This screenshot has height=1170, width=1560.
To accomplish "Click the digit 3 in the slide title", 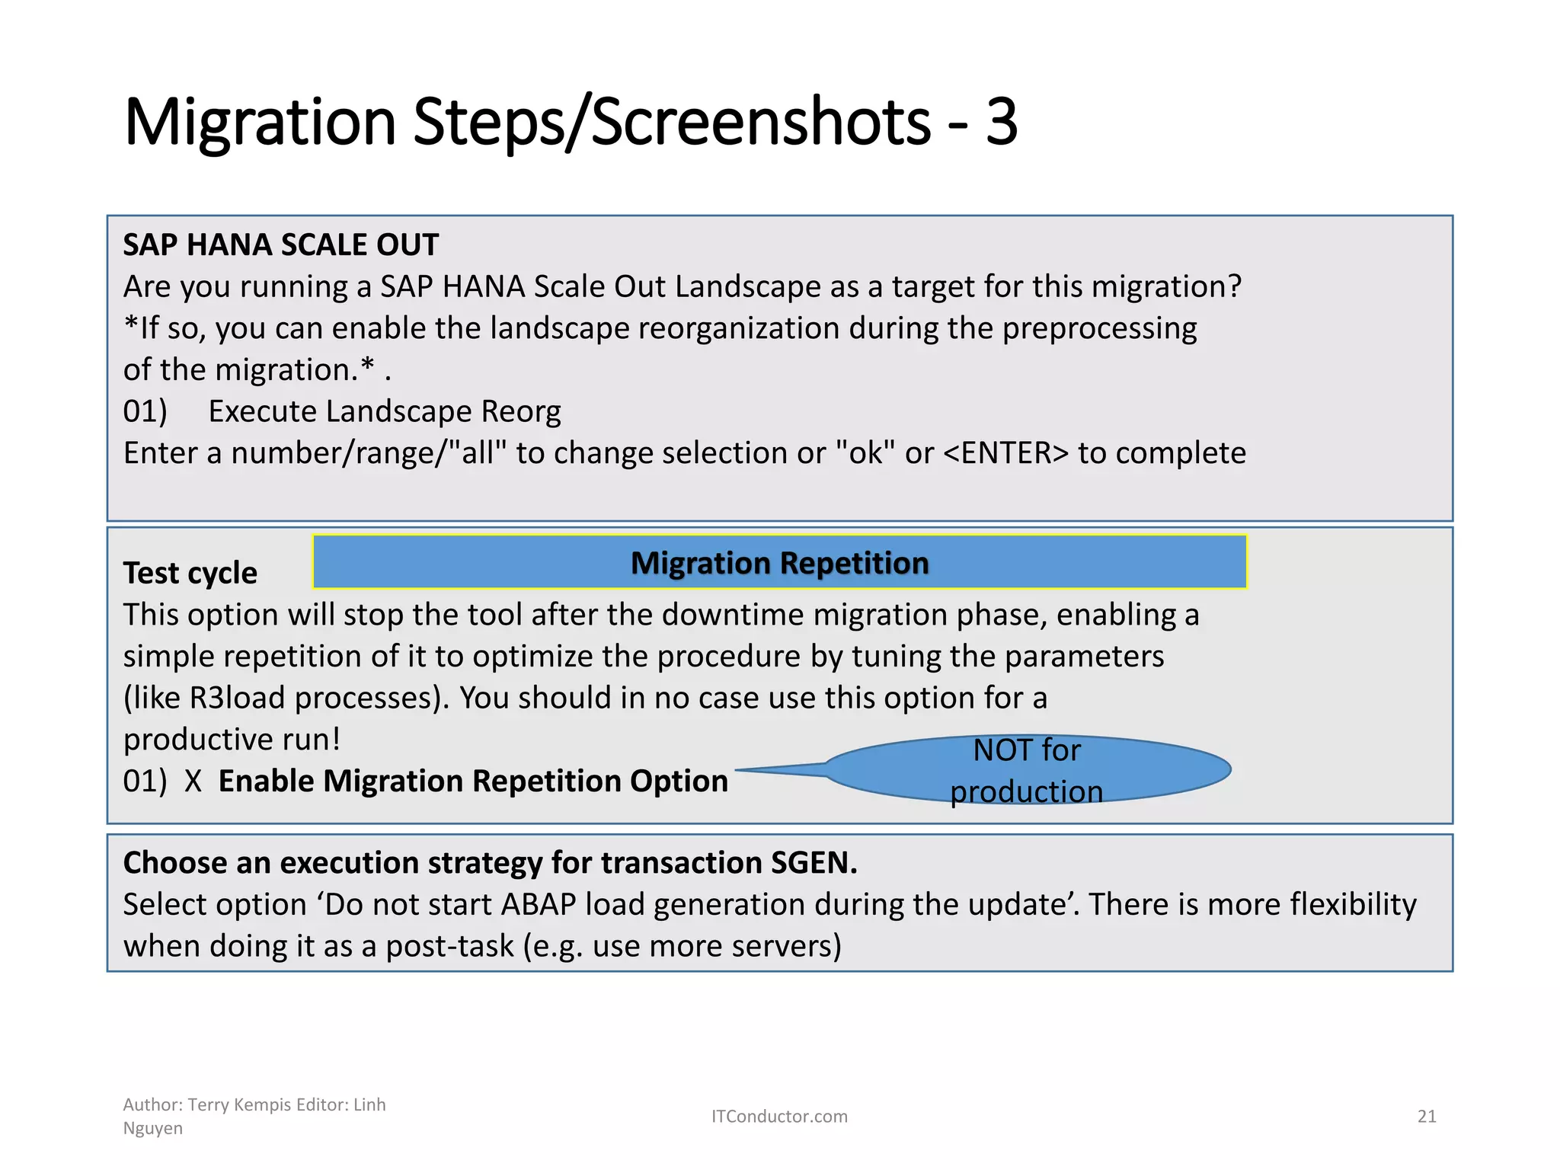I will (1001, 122).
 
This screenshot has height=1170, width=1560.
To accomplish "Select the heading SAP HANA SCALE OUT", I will (280, 245).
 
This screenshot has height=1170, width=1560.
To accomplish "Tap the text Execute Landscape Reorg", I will (385, 411).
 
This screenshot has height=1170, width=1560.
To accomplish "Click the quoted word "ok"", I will (865, 453).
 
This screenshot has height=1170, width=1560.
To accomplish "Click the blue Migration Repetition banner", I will (779, 562).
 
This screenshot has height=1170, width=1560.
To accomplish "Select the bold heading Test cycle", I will (190, 573).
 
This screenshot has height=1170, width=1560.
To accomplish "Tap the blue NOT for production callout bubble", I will (1027, 770).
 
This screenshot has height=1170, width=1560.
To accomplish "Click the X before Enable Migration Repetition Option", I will (193, 782).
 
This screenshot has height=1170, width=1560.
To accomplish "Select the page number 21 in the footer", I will (1426, 1117).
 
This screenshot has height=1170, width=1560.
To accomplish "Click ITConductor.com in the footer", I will (779, 1117).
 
